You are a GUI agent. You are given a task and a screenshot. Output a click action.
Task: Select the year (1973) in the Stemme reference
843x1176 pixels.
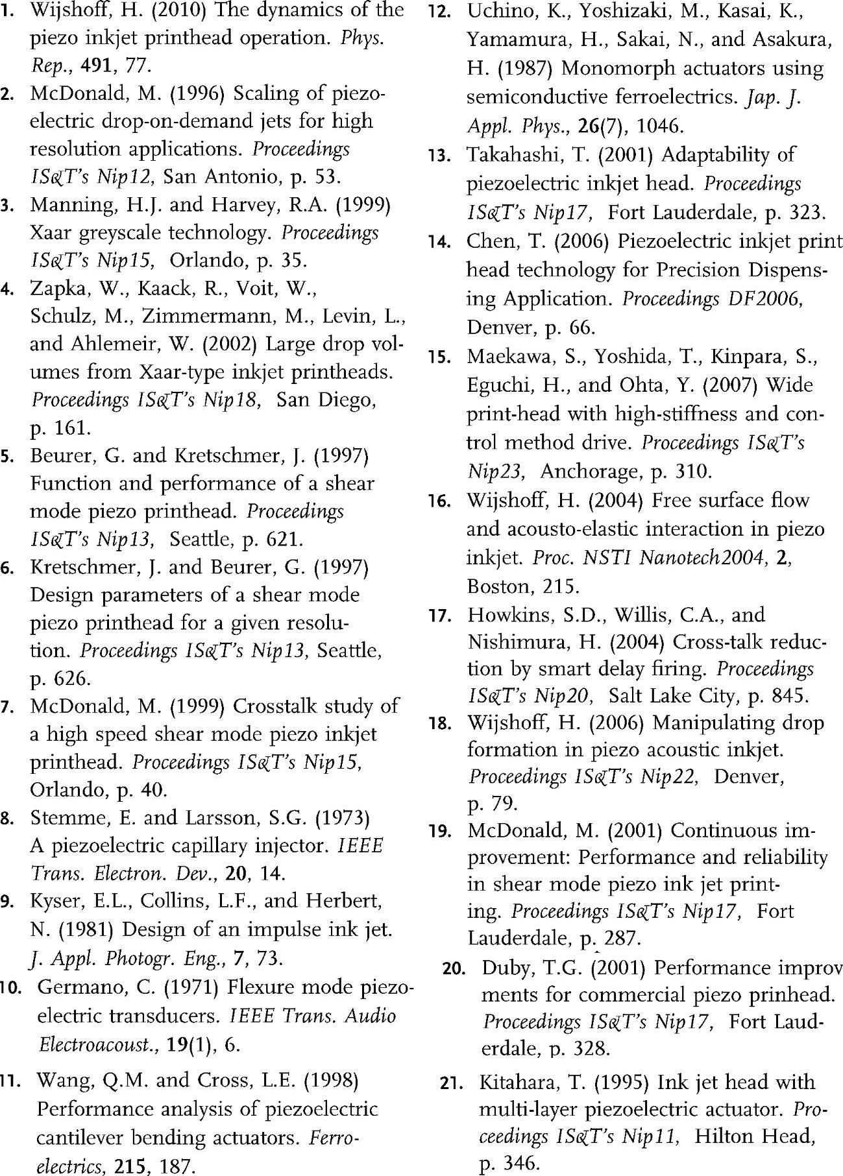click(342, 818)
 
